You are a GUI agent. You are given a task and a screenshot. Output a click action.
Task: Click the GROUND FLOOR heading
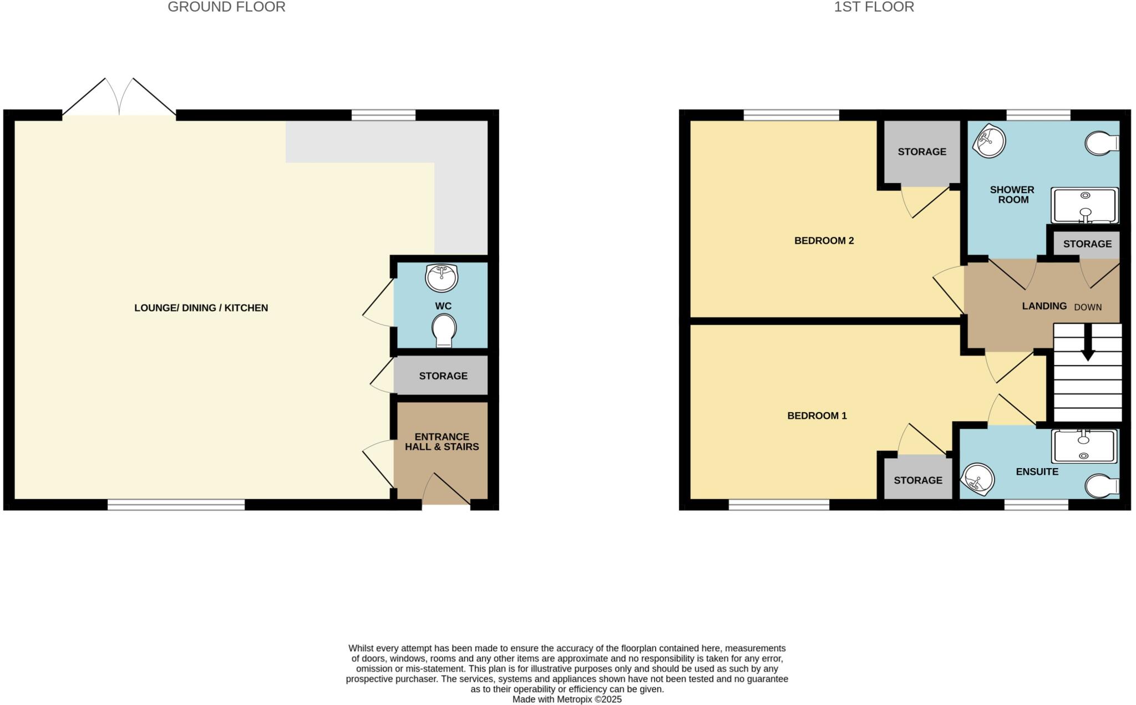(226, 7)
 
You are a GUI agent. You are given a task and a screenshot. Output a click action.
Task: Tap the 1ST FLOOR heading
(874, 7)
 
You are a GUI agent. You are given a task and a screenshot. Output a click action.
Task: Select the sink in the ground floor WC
(442, 277)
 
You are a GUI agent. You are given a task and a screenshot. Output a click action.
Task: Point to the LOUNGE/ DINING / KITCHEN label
(201, 308)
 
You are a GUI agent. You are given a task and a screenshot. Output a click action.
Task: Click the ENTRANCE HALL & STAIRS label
(442, 442)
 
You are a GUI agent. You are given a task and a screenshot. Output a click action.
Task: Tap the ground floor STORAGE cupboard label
(443, 376)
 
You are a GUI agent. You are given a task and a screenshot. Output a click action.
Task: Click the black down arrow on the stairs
(1088, 344)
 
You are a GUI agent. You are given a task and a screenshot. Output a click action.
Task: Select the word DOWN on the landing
(1088, 307)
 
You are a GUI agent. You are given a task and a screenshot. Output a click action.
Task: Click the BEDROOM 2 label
(824, 241)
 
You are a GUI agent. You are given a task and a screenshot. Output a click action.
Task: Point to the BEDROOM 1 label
(816, 415)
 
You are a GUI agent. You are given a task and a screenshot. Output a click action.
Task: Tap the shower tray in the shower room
(1085, 205)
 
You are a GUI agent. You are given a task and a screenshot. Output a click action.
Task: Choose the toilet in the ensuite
(1102, 486)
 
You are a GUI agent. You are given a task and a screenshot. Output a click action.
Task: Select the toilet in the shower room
(1102, 144)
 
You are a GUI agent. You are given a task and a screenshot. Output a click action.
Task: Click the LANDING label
(1044, 306)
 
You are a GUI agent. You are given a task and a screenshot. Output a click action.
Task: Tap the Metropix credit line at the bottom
(566, 699)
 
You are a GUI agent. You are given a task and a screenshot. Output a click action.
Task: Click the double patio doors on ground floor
(119, 100)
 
